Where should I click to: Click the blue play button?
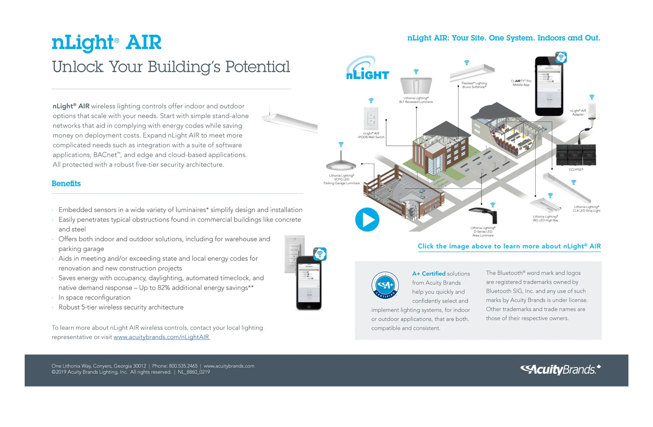click(x=367, y=220)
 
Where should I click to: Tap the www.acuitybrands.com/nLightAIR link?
click(x=161, y=337)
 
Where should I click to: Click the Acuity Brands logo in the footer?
click(x=560, y=369)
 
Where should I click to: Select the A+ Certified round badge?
click(x=385, y=285)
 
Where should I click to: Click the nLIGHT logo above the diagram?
click(x=367, y=68)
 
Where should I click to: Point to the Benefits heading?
click(x=66, y=184)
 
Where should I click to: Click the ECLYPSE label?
click(x=576, y=170)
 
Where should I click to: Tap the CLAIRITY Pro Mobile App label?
click(x=521, y=83)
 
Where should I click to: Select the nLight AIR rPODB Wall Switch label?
click(x=371, y=135)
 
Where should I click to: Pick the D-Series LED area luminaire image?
click(x=484, y=215)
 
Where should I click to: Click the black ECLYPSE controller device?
click(x=576, y=155)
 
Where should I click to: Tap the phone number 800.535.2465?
click(x=183, y=366)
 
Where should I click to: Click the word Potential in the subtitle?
click(x=258, y=67)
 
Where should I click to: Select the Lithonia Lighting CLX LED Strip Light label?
click(x=586, y=209)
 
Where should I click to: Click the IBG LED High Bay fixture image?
click(x=546, y=206)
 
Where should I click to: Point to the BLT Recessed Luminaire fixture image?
click(x=416, y=86)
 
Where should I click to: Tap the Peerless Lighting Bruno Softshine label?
click(x=474, y=85)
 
